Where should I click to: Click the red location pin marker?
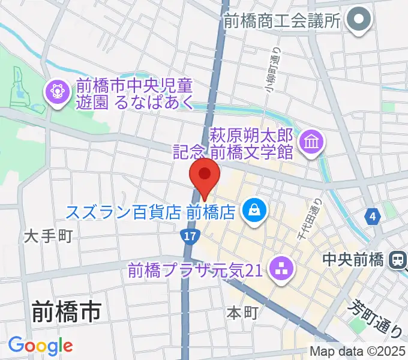tap(205, 175)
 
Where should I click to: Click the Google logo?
tap(40, 345)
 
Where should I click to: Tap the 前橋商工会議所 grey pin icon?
tap(361, 21)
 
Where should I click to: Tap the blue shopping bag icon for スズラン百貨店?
tap(254, 210)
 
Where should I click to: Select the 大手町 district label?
tap(48, 236)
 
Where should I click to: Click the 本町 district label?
tap(242, 312)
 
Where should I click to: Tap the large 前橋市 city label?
tap(65, 312)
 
